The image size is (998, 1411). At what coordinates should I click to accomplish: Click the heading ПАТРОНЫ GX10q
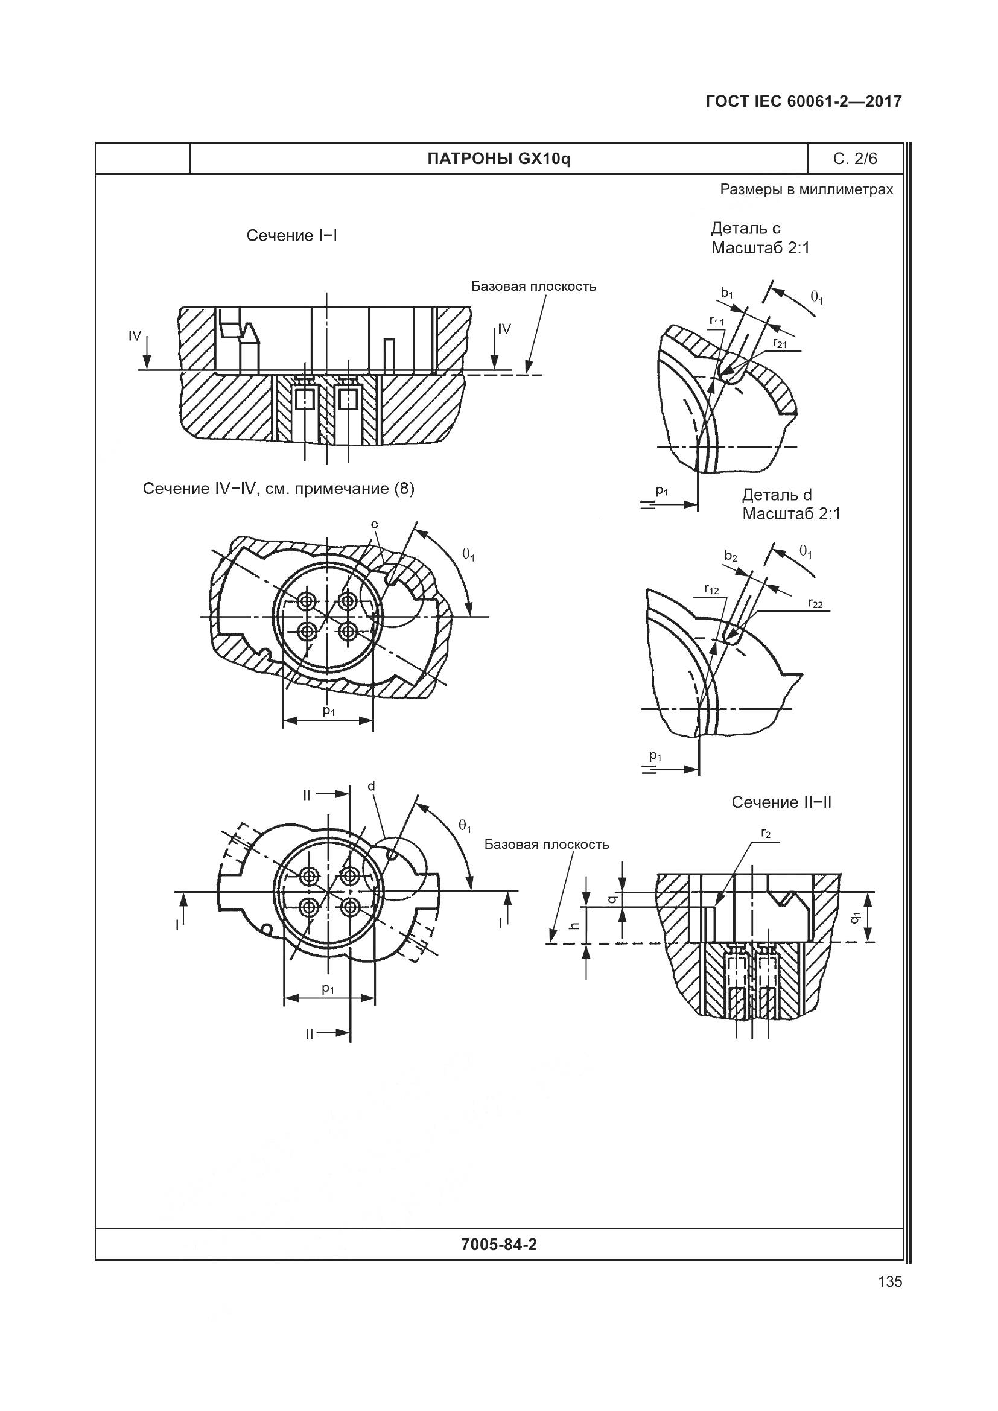(x=498, y=159)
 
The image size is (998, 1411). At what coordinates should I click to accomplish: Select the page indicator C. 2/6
(x=855, y=159)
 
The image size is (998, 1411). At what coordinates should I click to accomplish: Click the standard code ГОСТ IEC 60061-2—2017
(x=804, y=101)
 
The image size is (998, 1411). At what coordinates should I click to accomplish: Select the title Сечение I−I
(x=292, y=236)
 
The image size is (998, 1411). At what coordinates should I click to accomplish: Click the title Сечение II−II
(x=781, y=802)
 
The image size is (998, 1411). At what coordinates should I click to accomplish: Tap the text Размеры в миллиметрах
(x=806, y=189)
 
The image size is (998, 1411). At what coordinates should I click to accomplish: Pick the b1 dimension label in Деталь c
(x=727, y=294)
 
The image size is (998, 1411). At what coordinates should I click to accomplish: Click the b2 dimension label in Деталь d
(x=730, y=556)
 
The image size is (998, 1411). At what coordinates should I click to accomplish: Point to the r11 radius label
(x=717, y=322)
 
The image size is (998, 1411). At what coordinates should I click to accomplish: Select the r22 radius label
(x=816, y=603)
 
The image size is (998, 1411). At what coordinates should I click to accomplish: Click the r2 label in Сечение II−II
(x=766, y=834)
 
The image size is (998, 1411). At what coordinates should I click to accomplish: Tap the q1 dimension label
(x=855, y=918)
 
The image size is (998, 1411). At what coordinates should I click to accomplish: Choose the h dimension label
(x=574, y=925)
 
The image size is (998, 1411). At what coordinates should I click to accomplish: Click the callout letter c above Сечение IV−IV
(x=374, y=524)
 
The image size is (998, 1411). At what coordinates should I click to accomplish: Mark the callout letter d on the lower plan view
(x=371, y=786)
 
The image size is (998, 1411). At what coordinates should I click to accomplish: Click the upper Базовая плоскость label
(x=533, y=287)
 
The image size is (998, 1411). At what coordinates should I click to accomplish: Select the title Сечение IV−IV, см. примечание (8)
(x=278, y=489)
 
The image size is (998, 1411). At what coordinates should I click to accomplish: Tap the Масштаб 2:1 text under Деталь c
(x=760, y=249)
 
